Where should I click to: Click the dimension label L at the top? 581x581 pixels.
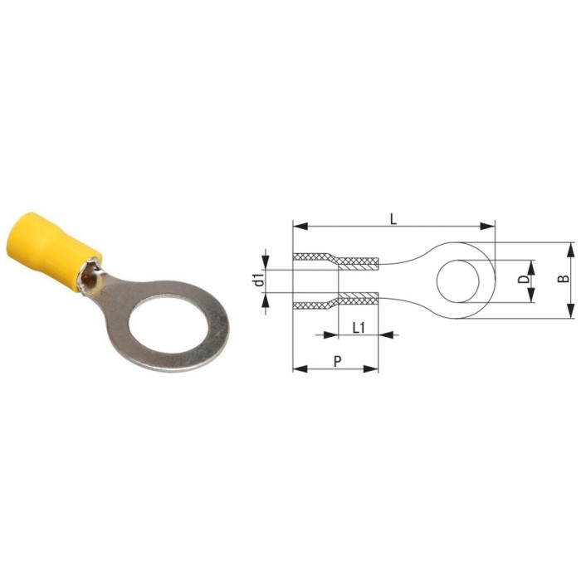coord(393,219)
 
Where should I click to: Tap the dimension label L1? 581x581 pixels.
coord(359,328)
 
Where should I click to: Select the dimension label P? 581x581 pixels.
coord(337,361)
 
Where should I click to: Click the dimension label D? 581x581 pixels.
coord(523,280)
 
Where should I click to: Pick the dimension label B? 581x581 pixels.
coord(564,279)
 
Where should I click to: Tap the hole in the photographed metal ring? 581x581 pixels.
coord(167,325)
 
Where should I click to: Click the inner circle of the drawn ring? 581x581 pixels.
coord(458,281)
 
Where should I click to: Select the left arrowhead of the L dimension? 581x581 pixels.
coord(300,226)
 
